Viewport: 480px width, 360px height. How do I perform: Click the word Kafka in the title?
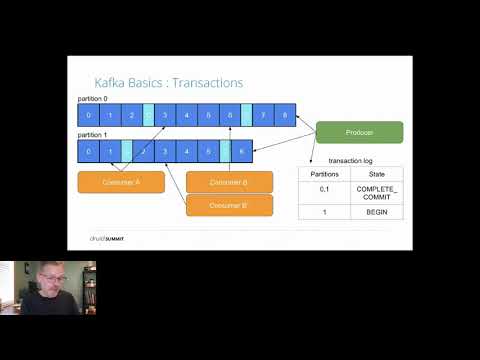tap(110, 83)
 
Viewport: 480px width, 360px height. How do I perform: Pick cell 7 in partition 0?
tap(263, 115)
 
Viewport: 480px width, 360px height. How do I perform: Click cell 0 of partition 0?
tap(89, 115)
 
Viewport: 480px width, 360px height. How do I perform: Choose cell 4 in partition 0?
tap(187, 115)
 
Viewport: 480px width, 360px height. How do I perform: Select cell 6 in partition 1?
tap(241, 151)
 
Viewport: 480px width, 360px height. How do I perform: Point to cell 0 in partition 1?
tap(89, 151)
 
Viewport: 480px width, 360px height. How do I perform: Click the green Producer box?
tap(359, 132)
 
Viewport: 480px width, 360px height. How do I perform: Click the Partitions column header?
tap(324, 173)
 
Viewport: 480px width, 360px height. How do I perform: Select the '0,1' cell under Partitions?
tap(324, 193)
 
